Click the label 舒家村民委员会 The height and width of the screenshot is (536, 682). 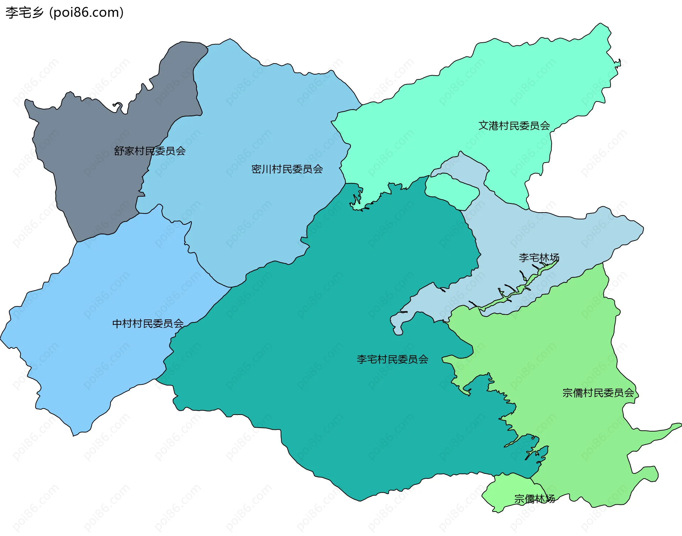tap(150, 151)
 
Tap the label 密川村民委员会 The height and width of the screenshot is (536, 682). tap(287, 169)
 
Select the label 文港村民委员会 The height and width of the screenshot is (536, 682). tap(514, 126)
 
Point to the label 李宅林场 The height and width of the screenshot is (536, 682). tap(539, 257)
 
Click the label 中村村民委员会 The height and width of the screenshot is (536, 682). tap(148, 323)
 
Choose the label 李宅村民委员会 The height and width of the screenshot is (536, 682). tap(393, 359)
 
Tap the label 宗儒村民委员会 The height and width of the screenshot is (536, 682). tap(598, 393)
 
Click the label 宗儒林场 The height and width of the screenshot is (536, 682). tap(534, 499)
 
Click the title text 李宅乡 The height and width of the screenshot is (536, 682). tap(25, 12)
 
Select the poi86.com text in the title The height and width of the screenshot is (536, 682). tap(87, 12)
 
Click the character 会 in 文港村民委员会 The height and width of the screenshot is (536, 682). tap(545, 126)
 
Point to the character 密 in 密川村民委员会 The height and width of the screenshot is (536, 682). tap(256, 169)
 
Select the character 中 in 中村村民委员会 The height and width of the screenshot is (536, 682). tap(117, 323)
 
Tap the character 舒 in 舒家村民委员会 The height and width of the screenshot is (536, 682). tap(119, 151)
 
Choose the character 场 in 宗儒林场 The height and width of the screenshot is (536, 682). tap(550, 499)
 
